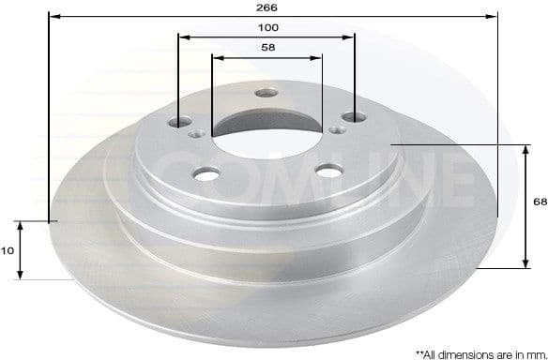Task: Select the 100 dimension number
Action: pyautogui.click(x=268, y=28)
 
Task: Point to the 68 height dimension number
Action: pyautogui.click(x=540, y=202)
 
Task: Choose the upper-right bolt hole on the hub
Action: pyautogui.click(x=354, y=117)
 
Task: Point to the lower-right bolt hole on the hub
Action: pyautogui.click(x=328, y=170)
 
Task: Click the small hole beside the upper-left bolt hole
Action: pyautogui.click(x=196, y=135)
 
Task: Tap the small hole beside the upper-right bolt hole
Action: pyautogui.click(x=336, y=129)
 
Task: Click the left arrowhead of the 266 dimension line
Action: pyautogui.click(x=52, y=16)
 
